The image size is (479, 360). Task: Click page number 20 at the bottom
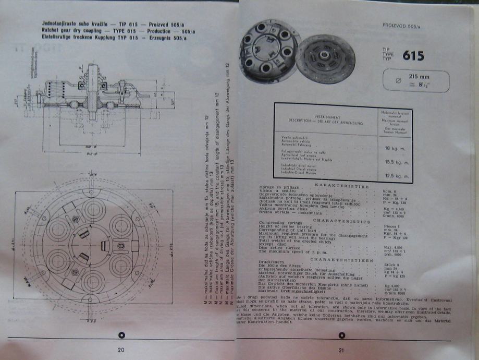pos(120,349)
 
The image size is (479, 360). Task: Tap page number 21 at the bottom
pos(342,350)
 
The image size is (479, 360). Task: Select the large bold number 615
pos(413,55)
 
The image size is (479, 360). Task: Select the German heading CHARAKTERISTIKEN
pos(341,259)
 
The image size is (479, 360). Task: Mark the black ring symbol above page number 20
pos(120,335)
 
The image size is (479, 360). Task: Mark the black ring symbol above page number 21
pos(342,335)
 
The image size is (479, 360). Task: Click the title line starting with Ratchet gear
pos(118,31)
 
